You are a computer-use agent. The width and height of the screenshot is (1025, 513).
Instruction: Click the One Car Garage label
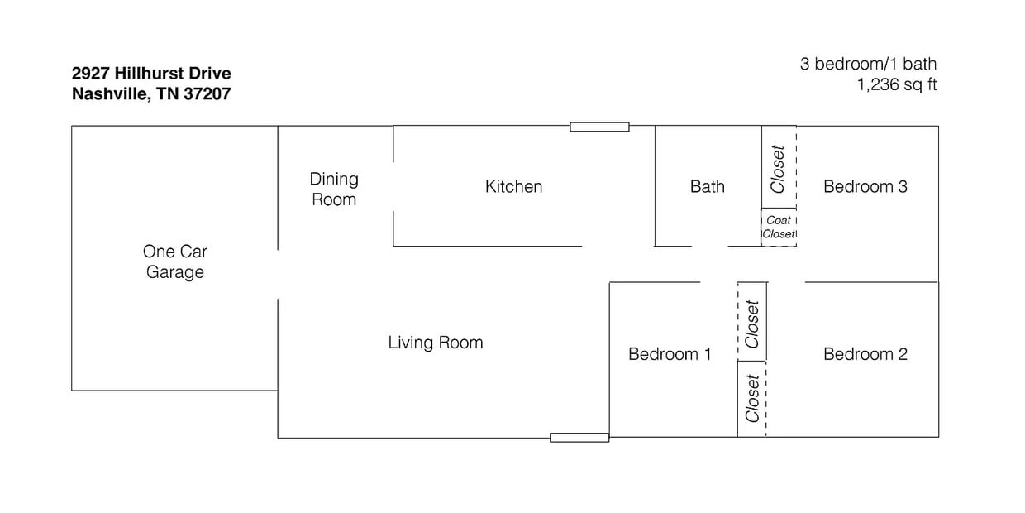[174, 261]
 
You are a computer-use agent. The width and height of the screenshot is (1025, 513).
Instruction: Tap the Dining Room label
[334, 189]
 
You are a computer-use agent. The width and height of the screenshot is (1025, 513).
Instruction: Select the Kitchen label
[513, 187]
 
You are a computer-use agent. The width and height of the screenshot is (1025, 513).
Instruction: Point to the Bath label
[707, 187]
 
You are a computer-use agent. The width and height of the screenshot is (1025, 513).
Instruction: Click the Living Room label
[435, 343]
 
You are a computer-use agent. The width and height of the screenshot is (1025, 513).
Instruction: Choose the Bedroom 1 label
[670, 354]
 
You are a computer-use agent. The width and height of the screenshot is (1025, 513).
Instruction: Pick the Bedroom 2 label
[865, 354]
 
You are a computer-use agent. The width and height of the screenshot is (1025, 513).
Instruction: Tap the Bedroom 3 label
[865, 187]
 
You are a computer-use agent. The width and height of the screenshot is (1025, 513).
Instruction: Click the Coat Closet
[779, 228]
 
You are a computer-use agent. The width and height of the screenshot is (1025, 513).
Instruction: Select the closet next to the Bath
[778, 169]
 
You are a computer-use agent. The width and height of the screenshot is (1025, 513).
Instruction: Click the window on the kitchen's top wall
[599, 127]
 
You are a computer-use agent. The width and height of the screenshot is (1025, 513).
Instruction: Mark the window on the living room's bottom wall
[579, 437]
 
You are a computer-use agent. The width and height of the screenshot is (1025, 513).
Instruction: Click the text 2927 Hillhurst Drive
[151, 74]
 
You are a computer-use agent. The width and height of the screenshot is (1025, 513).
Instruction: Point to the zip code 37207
[206, 94]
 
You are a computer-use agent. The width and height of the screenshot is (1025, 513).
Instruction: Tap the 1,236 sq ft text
[896, 84]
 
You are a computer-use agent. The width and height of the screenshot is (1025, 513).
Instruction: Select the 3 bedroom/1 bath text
[868, 64]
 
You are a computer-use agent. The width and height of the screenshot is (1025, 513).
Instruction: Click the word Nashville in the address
[110, 94]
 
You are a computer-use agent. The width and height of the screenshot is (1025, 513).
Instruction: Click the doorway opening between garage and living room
[278, 274]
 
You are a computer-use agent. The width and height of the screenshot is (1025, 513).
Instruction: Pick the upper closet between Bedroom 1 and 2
[752, 323]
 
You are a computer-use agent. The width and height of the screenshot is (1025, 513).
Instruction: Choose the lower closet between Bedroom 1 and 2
[752, 399]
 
